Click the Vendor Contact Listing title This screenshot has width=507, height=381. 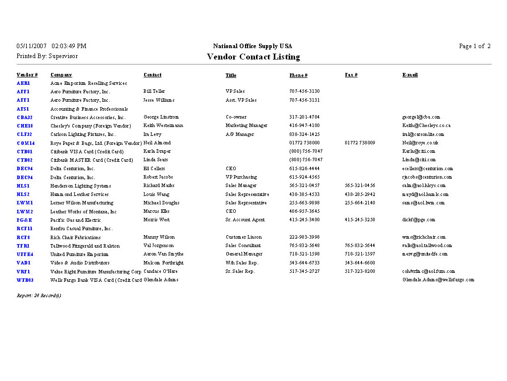click(x=253, y=57)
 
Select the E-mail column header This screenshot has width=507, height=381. click(x=409, y=75)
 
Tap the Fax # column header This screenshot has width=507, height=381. click(x=351, y=75)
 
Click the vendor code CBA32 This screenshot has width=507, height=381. click(x=24, y=118)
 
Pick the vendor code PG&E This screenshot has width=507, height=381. click(x=24, y=220)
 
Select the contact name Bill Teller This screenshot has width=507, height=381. click(x=154, y=91)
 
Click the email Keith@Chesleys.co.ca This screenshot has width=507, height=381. click(x=426, y=126)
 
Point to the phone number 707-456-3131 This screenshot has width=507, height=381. click(x=304, y=100)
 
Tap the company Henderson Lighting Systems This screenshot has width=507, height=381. click(x=81, y=186)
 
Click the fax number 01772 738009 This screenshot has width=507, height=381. click(x=359, y=143)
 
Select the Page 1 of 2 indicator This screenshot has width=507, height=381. click(x=474, y=46)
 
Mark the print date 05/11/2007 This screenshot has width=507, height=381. click(x=32, y=46)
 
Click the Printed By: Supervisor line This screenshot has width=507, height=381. click(x=47, y=56)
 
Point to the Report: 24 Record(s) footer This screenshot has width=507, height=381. click(x=39, y=296)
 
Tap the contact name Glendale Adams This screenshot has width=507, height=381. click(x=161, y=280)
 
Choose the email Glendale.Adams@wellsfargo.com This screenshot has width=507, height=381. click(x=438, y=280)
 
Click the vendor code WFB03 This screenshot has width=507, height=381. click(x=25, y=280)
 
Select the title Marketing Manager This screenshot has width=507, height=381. click(x=246, y=126)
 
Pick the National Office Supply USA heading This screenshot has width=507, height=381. click(x=253, y=46)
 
